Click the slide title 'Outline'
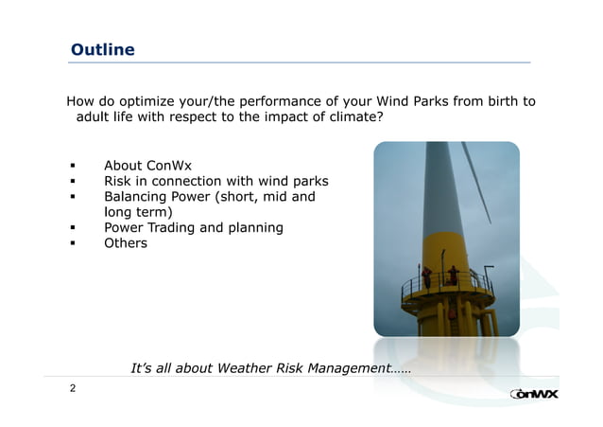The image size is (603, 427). [103, 49]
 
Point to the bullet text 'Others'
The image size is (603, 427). [126, 243]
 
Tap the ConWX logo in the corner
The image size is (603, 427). [533, 394]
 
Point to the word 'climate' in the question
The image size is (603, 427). [350, 117]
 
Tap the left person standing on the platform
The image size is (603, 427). [427, 276]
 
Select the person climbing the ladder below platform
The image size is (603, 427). [450, 312]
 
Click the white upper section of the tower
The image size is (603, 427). [437, 189]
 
